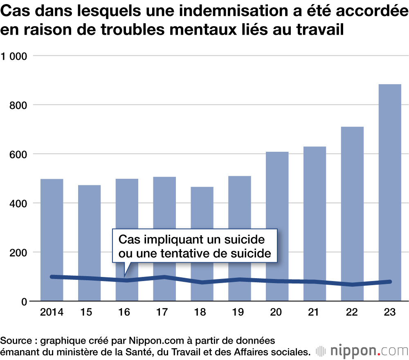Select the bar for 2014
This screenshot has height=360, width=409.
coord(52,229)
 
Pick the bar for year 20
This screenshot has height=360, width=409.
coord(277,213)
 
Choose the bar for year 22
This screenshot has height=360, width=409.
coord(352,200)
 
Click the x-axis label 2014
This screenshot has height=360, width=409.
coord(52,313)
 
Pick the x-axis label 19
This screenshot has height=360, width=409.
coord(240,313)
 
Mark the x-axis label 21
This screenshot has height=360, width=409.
coord(315,313)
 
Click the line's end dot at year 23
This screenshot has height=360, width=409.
coord(390,281)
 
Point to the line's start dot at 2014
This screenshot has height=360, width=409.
coord(52,277)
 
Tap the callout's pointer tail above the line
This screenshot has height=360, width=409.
coord(126,270)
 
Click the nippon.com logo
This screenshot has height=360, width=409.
coord(362,351)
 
